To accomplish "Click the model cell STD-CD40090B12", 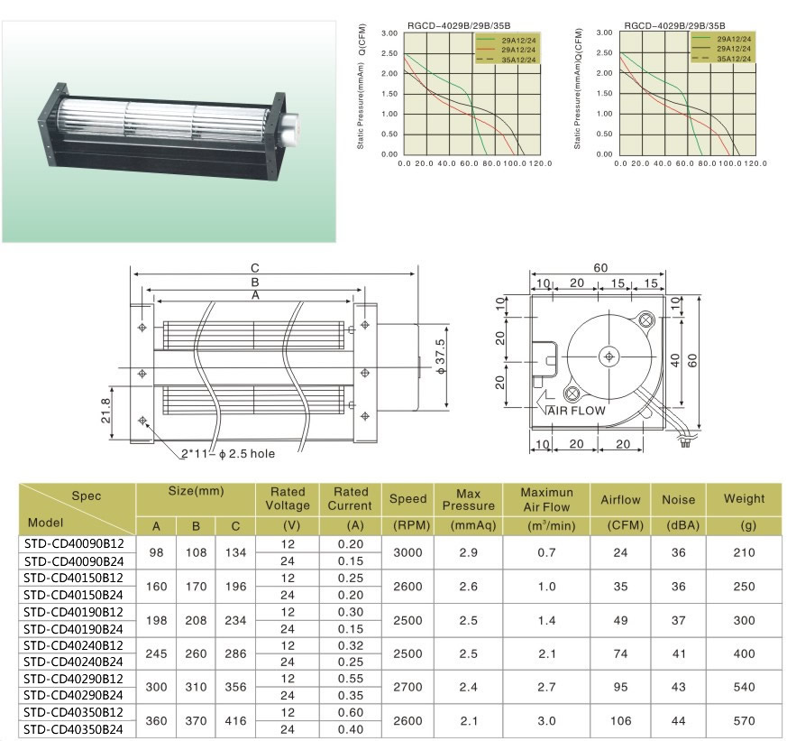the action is [x=73, y=543].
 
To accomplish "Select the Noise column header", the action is [x=678, y=499].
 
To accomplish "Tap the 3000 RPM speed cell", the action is [x=407, y=552].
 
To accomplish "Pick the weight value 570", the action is [x=744, y=721].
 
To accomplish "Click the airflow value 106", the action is [x=620, y=721].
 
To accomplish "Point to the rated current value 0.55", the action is [x=351, y=679].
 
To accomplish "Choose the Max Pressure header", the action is [x=468, y=500].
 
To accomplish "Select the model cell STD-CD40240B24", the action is [x=73, y=662].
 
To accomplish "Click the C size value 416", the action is [x=235, y=721].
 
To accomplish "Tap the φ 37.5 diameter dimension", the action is [x=440, y=357].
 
